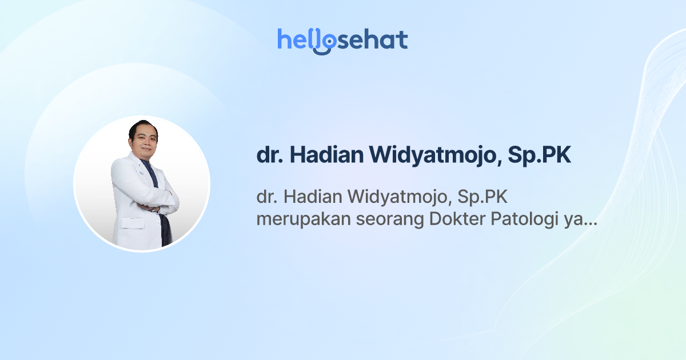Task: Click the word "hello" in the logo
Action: point(303,39)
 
